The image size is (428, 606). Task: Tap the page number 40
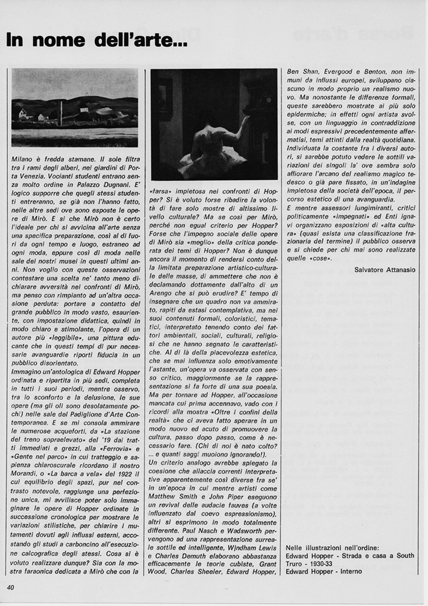11,587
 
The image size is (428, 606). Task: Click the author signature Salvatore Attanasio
385,269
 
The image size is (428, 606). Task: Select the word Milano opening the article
24,159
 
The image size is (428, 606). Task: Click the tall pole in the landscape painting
61,114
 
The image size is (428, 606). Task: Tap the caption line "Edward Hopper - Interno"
324,572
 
